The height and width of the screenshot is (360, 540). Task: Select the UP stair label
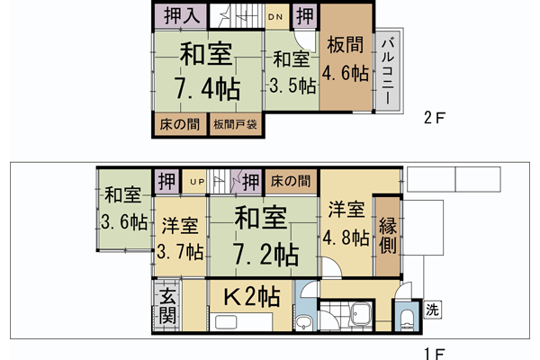(195, 182)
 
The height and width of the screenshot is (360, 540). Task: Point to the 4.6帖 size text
(346, 75)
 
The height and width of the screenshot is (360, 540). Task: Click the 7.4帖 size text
(207, 88)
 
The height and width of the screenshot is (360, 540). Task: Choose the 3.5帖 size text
(292, 87)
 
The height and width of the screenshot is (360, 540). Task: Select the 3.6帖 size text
(123, 221)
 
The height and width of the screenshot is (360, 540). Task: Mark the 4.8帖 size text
(346, 238)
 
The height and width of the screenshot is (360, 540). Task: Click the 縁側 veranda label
(388, 237)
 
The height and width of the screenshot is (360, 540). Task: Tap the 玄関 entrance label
(167, 306)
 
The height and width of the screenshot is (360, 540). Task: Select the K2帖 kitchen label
(250, 295)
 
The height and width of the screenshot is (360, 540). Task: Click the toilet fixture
(401, 317)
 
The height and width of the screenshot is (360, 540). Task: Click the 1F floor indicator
(435, 352)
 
